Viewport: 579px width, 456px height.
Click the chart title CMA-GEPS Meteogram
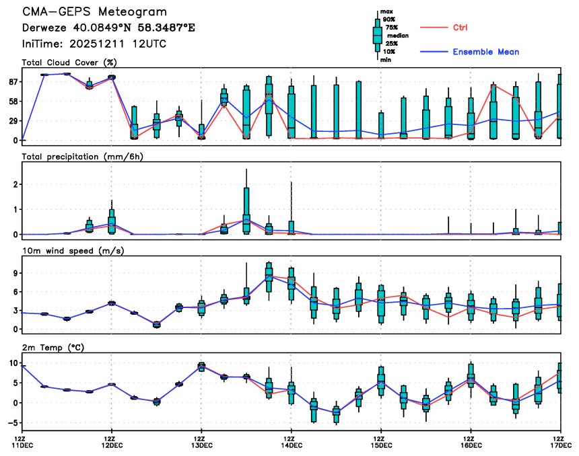tap(95, 12)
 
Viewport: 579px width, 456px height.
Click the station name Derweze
tap(45, 28)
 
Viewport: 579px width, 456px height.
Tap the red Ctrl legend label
tap(461, 28)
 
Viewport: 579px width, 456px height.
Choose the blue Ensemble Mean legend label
tap(485, 52)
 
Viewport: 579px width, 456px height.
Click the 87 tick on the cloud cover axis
tap(12, 81)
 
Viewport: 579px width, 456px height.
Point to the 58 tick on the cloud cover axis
tap(12, 101)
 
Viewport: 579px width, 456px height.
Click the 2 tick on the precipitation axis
tap(14, 184)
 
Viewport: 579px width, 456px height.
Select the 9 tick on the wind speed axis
tap(14, 273)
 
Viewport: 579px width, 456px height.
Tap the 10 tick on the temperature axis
tap(11, 363)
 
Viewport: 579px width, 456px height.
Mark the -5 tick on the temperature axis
tap(11, 423)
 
